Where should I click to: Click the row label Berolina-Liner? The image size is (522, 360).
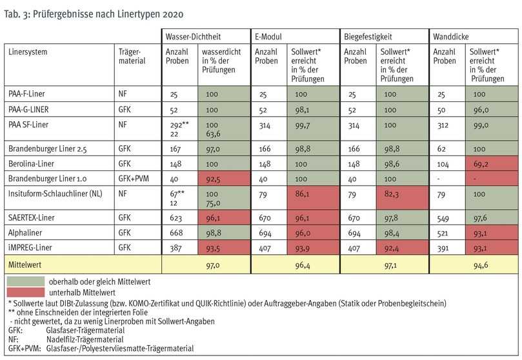[x=32, y=165]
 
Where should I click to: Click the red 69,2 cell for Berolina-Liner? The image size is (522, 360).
[x=479, y=165]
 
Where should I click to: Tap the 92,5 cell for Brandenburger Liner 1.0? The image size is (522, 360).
[x=213, y=179]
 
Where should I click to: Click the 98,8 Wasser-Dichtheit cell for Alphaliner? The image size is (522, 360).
[x=213, y=234]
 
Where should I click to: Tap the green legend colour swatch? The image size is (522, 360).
[x=26, y=281]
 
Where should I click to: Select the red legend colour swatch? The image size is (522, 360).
[x=26, y=292]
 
